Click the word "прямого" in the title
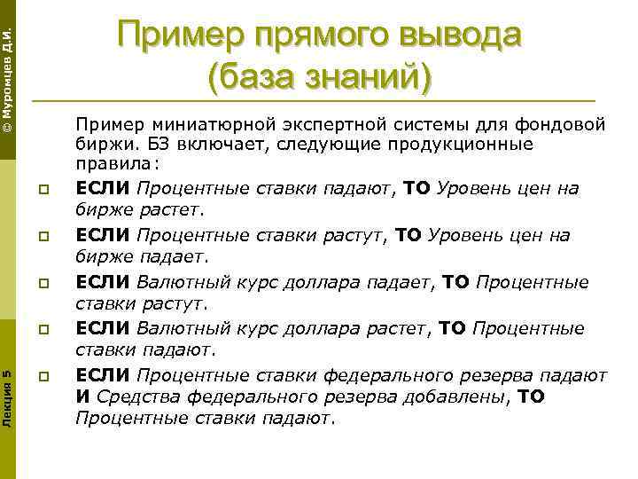[307, 37]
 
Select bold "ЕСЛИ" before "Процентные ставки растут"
[103, 235]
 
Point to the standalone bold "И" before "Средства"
[82, 397]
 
